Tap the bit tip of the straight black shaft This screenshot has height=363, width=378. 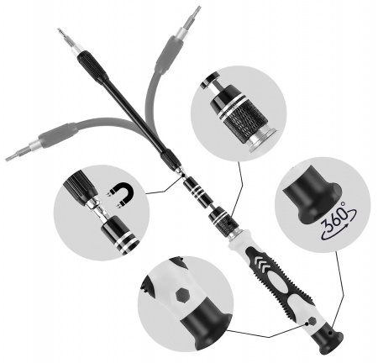tap(61, 34)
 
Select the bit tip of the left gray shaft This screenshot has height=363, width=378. tap(10, 156)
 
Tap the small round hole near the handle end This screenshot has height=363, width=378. tap(312, 320)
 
